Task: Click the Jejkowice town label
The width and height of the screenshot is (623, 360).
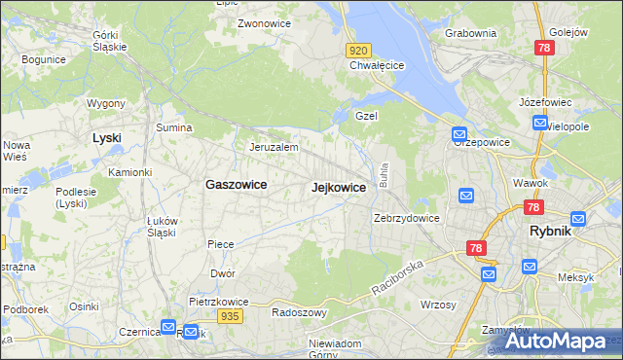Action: pos(339,187)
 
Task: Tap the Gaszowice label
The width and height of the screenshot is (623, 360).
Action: pos(236,183)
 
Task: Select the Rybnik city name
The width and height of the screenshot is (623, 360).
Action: pos(555,232)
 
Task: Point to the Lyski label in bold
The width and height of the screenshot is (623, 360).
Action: pos(106,138)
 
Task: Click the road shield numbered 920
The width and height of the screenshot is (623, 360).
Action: pos(358,51)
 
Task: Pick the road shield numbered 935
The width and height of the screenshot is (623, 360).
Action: pos(230,316)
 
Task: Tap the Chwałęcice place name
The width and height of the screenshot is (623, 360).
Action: pos(377,66)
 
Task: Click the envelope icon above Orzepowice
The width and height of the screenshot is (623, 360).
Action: pos(459,135)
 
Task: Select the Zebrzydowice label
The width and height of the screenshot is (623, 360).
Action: pos(408,218)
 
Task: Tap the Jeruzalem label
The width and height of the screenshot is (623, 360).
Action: pos(273,147)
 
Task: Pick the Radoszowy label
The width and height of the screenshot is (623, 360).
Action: pos(298,312)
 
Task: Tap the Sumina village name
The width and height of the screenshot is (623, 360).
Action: pos(174,127)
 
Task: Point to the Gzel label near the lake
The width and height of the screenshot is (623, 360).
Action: pos(366,115)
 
